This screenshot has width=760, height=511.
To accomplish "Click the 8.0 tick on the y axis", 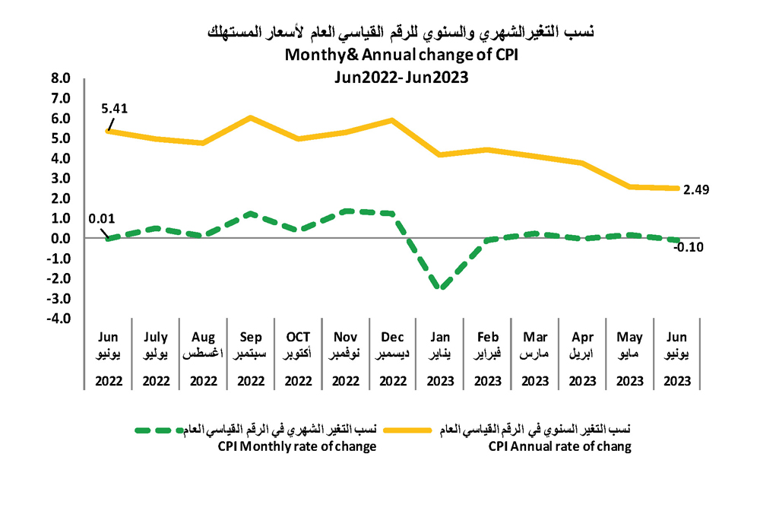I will coord(60,78).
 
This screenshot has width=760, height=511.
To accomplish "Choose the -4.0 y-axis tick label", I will coord(59,318).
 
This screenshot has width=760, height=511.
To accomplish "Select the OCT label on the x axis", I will coord(297,337).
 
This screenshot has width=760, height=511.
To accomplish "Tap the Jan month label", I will coord(440,337).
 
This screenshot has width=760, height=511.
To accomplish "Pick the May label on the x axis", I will coord(629,337).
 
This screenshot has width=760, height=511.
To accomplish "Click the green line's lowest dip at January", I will coord(440,287).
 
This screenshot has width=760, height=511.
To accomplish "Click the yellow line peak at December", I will coord(392,120).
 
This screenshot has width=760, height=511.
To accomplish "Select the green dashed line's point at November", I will coord(345,211).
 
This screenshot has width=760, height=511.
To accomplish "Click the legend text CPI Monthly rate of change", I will coord(297,446).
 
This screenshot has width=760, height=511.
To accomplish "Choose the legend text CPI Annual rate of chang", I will coord(559,446).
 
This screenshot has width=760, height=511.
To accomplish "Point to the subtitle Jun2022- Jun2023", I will coord(401,76).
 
